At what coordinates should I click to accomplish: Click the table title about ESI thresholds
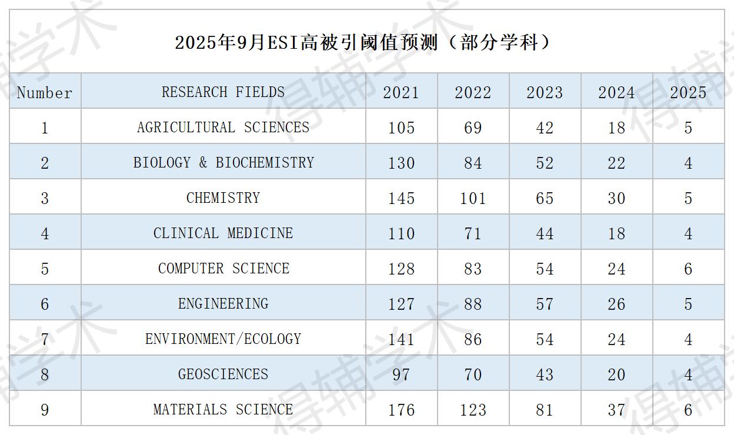363,43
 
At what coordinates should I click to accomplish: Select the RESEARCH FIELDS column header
223,92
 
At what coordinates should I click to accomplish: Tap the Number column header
45,93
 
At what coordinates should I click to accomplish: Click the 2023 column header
545,93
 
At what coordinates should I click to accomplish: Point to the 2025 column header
688,93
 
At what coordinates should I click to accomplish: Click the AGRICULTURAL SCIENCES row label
223,128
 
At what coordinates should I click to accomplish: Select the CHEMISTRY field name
223,198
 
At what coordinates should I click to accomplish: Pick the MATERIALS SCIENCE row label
223,410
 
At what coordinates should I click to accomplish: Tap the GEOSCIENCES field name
223,374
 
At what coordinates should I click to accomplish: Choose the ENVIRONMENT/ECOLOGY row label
223,339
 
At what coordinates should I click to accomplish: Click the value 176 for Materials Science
401,410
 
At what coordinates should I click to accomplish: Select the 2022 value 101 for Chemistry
473,198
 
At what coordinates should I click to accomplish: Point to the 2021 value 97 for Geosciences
401,374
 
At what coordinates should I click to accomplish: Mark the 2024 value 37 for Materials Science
616,410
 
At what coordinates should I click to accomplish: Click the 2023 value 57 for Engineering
545,304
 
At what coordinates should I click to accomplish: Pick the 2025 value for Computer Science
688,269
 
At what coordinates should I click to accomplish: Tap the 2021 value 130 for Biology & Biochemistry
401,163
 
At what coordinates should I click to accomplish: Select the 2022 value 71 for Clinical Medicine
473,233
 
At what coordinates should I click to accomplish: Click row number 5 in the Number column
45,269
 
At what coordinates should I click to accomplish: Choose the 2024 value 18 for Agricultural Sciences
616,128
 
